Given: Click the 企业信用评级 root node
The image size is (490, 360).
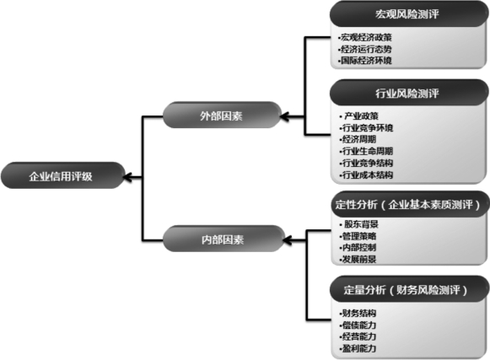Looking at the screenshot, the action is pyautogui.click(x=63, y=175).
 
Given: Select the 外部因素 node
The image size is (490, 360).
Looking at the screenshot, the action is pyautogui.click(x=222, y=115).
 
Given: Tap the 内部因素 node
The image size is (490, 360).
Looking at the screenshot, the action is pyautogui.click(x=223, y=239).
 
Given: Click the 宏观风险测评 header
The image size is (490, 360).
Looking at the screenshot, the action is pyautogui.click(x=407, y=14).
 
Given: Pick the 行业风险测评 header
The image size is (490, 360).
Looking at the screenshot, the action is pyautogui.click(x=407, y=93).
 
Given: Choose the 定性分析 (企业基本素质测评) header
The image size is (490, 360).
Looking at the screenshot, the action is pyautogui.click(x=408, y=204).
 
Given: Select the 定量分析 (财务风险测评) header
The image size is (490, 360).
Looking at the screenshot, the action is pyautogui.click(x=407, y=289).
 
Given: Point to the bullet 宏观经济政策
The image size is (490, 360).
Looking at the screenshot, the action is pyautogui.click(x=365, y=37).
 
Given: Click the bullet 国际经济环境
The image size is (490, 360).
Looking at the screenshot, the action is pyautogui.click(x=365, y=61).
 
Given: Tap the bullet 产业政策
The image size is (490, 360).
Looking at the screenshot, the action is pyautogui.click(x=359, y=116).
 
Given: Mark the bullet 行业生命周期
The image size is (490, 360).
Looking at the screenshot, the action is pyautogui.click(x=366, y=151).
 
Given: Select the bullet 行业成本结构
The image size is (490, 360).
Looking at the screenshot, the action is pyautogui.click(x=366, y=175).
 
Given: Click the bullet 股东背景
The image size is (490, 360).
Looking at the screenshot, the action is pyautogui.click(x=359, y=224).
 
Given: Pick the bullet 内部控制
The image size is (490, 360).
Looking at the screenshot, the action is pyautogui.click(x=358, y=248).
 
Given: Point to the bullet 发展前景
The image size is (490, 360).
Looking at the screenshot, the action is pyautogui.click(x=358, y=259).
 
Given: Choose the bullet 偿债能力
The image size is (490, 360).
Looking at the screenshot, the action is pyautogui.click(x=358, y=325).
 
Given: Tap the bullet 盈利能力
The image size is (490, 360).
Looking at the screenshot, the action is pyautogui.click(x=358, y=348).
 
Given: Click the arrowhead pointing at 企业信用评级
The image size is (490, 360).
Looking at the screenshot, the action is pyautogui.click(x=128, y=177).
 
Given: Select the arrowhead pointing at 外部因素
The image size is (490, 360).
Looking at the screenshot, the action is pyautogui.click(x=285, y=117).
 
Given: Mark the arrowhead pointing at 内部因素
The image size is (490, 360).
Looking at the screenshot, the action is pyautogui.click(x=288, y=240).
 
